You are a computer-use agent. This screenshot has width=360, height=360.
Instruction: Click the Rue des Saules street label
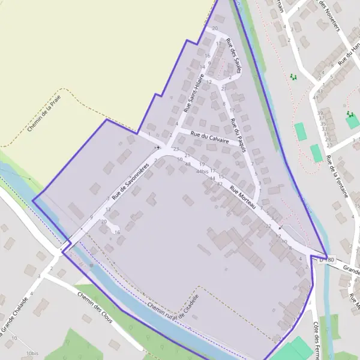pyautogui.click(x=233, y=55)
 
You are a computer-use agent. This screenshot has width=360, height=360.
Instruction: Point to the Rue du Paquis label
pyautogui.click(x=238, y=134)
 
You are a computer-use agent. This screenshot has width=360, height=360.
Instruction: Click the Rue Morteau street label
pyautogui.click(x=243, y=197)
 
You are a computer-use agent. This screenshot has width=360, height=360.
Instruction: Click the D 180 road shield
pyautogui.click(x=325, y=260)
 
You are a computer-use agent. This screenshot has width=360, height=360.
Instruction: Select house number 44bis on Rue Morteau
pyautogui.click(x=203, y=172)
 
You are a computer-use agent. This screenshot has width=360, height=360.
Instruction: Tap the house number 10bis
pyautogui.click(x=32, y=354)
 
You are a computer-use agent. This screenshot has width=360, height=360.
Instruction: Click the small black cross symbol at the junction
pyautogui.click(x=158, y=147)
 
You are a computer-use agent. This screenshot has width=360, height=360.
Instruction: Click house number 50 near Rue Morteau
pyautogui.click(x=180, y=159)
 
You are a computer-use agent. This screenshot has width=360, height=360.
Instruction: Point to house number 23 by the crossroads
pyautogui.click(x=176, y=149)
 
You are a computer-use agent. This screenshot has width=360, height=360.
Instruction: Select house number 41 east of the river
pyautogui.click(x=316, y=97)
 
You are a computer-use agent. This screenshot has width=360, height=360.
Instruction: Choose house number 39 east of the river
pyautogui.click(x=321, y=113)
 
